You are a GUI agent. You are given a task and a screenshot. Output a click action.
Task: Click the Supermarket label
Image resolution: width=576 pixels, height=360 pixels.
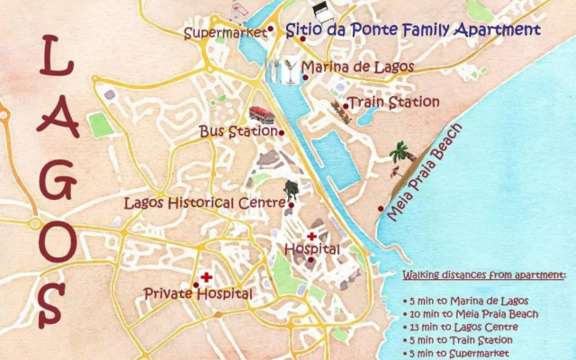(x=224, y=33)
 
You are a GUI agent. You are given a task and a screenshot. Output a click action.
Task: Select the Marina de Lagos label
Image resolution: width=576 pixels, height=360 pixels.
(x=358, y=67)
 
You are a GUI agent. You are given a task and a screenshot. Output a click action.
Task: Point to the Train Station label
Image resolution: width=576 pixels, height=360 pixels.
(x=394, y=103)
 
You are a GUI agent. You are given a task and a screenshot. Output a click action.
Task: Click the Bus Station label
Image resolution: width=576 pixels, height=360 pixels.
(x=238, y=131)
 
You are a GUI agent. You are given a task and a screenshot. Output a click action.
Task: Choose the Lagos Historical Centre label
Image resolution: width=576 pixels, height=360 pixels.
(x=204, y=203)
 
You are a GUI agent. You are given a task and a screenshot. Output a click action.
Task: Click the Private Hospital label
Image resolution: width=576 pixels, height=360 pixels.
(x=198, y=293)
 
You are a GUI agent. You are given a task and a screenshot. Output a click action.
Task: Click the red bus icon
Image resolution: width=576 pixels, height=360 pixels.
(x=262, y=114)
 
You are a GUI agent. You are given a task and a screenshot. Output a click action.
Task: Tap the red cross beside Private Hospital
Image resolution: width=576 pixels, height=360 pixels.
(x=206, y=277)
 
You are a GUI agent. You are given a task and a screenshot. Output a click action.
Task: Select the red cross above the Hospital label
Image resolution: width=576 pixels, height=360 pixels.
(x=311, y=236)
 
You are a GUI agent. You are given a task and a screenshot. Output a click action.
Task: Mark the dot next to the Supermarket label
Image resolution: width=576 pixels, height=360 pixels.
(x=270, y=29)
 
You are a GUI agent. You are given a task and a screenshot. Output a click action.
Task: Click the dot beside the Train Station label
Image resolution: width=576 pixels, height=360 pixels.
(x=345, y=105)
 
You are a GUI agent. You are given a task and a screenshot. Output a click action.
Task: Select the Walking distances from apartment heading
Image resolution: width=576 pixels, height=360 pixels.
(x=483, y=274)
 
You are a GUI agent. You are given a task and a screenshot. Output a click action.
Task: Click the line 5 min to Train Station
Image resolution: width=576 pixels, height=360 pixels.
(x=464, y=340)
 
